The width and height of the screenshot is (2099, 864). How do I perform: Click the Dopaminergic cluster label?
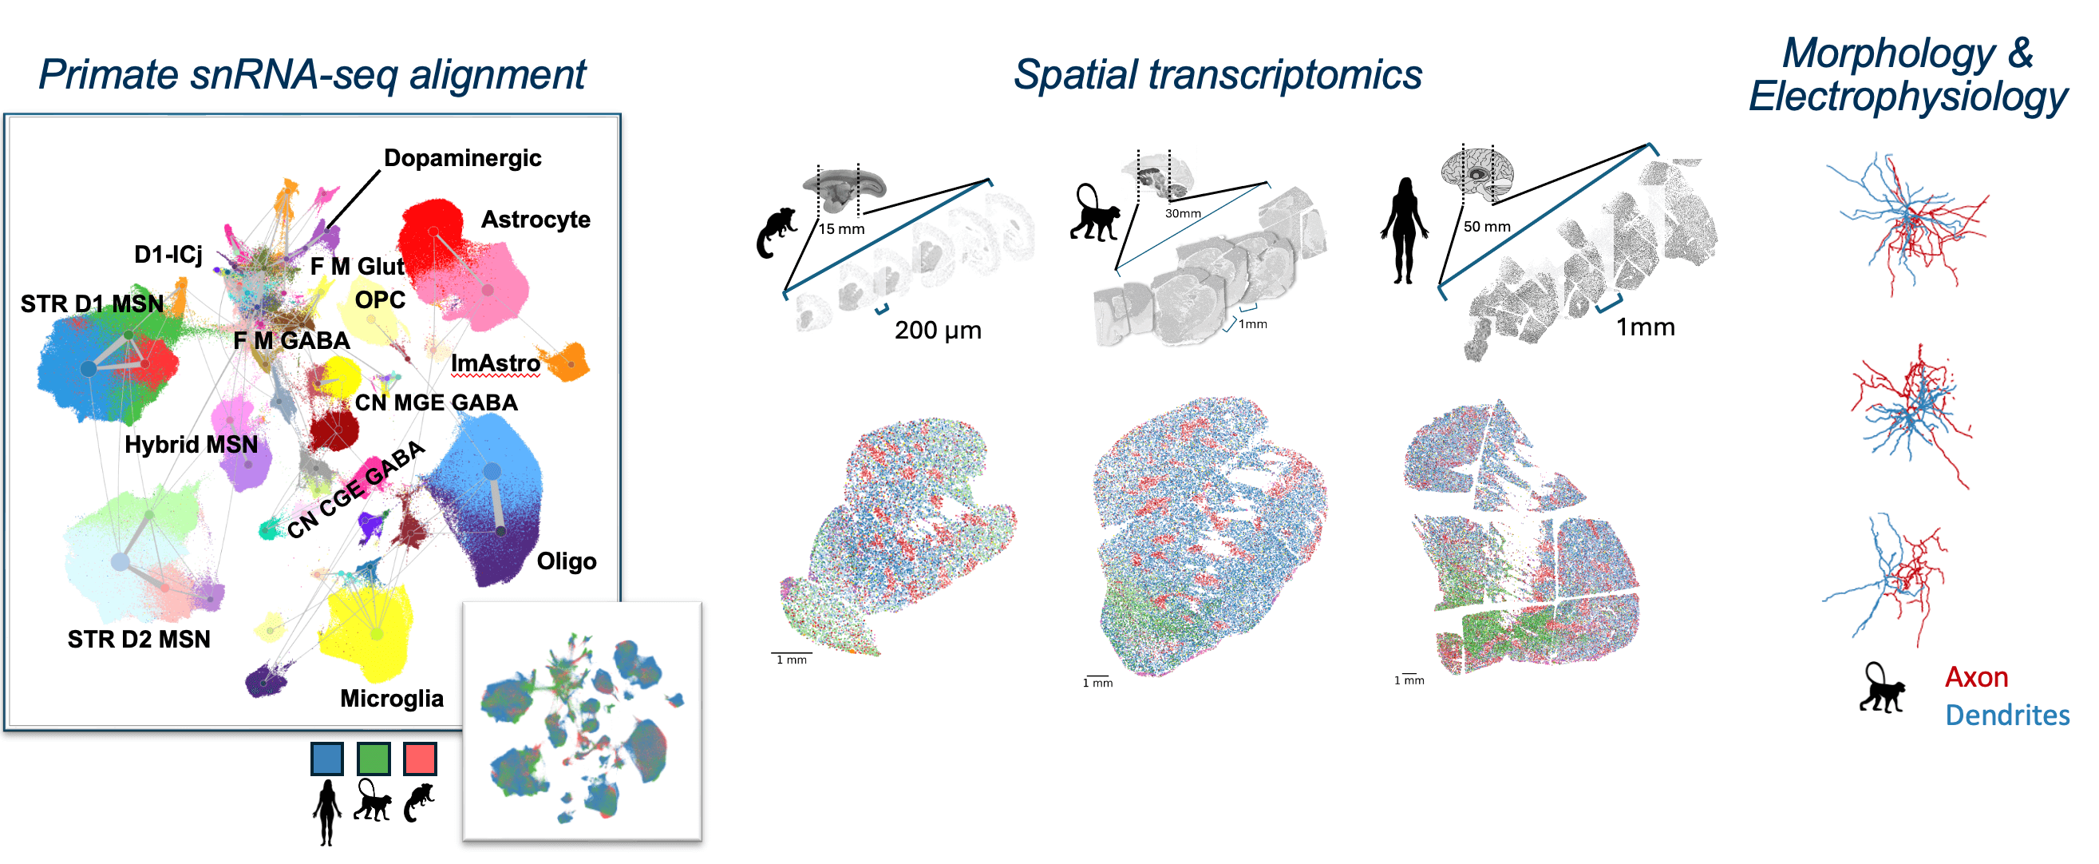pos(462,158)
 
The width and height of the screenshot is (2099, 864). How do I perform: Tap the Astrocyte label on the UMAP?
pos(536,220)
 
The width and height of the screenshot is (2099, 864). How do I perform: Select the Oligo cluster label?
pos(567,561)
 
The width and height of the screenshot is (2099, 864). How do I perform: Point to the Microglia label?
pos(391,699)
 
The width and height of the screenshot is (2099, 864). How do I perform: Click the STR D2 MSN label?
pos(139,639)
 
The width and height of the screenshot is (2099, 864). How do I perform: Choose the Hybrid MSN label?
pos(191,444)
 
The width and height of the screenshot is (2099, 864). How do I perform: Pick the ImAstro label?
pos(496,363)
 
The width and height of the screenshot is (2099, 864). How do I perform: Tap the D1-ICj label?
pos(168,254)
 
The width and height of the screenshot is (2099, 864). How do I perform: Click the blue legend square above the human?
pos(326,758)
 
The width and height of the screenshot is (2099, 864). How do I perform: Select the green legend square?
pos(374,758)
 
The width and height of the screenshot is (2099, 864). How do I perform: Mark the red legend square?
pos(420,758)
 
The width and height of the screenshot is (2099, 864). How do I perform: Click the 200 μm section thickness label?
pos(938,330)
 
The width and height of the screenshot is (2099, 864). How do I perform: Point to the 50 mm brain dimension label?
pos(1486,227)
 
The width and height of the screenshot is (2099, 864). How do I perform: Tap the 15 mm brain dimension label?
pos(841,229)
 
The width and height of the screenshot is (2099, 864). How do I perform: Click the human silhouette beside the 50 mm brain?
pos(1403,231)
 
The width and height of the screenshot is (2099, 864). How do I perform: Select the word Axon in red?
pos(1976,677)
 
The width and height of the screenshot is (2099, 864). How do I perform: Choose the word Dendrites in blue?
pos(2007,715)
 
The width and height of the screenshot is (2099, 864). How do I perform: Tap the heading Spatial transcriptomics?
pos(1217,75)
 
